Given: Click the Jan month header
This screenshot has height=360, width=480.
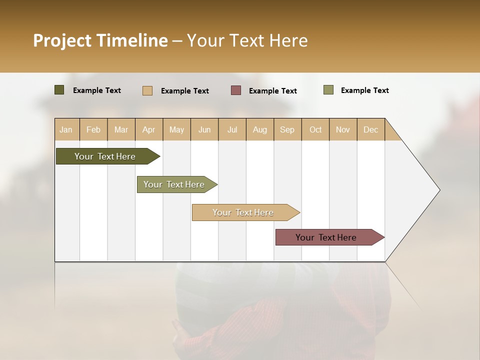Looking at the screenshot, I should coord(66,129).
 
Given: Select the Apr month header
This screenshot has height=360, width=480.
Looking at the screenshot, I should coord(149,129).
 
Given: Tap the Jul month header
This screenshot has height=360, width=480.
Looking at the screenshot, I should coord(232,129).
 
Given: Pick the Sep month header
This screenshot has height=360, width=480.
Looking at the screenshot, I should coord(287,129).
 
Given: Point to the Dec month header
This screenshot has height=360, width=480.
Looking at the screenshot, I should coord(371,129).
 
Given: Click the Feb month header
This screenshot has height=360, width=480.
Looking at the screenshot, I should coord(93,129).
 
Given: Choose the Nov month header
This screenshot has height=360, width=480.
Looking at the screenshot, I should coord(343,129).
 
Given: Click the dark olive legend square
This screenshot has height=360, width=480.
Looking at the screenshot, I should coord(59,90).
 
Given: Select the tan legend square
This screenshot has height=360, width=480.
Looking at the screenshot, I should coord(147,90).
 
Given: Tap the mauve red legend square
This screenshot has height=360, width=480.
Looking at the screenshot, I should coord(236,90).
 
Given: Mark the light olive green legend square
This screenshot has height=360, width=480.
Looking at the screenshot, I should coord(328,90).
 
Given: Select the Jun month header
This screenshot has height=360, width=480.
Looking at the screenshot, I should coord(204,129).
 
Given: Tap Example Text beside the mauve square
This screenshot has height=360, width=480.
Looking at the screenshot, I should coord(272,90).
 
